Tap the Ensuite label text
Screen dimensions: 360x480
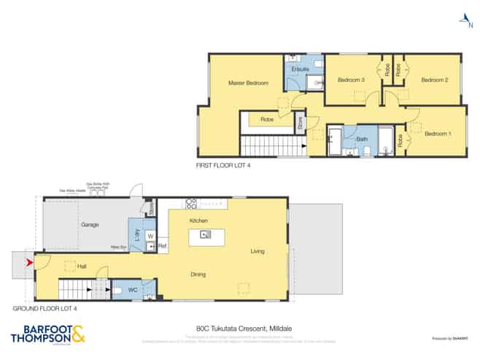click(x=300, y=69)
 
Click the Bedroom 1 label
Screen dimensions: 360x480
click(x=438, y=134)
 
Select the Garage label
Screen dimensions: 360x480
click(x=90, y=225)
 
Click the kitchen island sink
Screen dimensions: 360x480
click(x=206, y=234)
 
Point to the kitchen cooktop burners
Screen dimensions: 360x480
click(x=191, y=204)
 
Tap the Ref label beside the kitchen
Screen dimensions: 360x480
click(x=163, y=247)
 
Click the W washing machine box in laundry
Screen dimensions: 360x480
click(x=150, y=236)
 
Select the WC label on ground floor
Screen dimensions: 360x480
click(x=132, y=290)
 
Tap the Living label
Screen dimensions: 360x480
click(x=258, y=251)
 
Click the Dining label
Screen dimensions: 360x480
click(x=198, y=275)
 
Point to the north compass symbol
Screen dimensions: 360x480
click(x=461, y=21)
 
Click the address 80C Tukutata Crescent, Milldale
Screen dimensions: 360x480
click(x=239, y=328)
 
